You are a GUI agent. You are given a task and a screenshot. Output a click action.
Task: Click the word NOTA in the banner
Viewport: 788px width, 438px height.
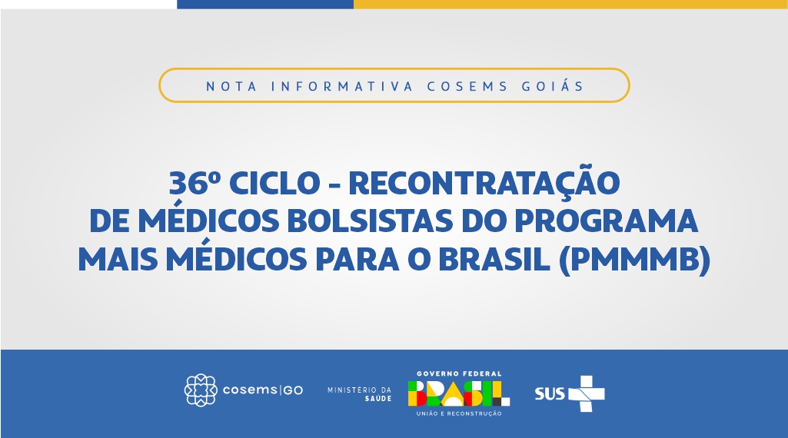click(231, 86)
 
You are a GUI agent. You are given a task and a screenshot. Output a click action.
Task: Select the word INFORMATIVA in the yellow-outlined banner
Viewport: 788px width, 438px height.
click(342, 86)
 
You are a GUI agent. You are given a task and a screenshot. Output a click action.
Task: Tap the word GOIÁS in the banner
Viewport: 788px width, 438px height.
click(553, 85)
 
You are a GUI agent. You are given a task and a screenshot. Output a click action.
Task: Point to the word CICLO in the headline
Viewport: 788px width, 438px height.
click(275, 183)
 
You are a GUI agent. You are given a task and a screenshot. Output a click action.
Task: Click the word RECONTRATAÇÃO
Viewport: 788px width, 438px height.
click(484, 182)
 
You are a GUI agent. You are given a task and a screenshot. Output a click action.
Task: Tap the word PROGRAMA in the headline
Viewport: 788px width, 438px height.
click(607, 221)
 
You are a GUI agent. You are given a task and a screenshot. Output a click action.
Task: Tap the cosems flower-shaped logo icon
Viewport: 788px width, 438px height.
click(201, 390)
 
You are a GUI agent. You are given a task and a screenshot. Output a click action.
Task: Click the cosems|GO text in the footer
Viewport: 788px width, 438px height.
click(263, 390)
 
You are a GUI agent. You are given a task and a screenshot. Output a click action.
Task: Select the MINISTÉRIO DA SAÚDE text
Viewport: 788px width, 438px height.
click(359, 393)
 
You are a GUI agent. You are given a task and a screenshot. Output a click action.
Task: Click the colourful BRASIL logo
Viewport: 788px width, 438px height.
click(459, 393)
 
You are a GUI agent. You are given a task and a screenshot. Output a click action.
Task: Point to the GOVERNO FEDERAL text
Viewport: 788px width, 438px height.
click(459, 373)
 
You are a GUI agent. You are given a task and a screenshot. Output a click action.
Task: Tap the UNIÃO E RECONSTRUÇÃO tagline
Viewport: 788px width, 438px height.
click(459, 413)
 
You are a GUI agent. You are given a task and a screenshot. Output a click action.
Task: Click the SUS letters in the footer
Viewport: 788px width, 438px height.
click(550, 393)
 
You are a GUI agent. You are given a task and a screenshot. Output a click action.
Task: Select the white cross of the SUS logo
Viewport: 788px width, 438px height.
click(587, 393)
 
